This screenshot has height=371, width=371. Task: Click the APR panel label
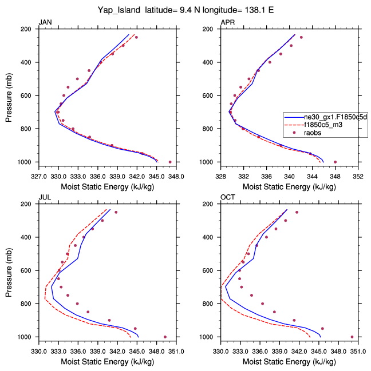click(x=227, y=22)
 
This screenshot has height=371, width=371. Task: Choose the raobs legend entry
click(x=312, y=133)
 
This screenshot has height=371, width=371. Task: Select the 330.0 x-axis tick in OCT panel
click(x=221, y=345)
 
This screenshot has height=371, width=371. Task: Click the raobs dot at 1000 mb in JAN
click(x=170, y=162)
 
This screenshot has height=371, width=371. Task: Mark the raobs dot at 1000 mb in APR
click(x=336, y=162)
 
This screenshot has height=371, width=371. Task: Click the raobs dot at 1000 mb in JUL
click(x=165, y=337)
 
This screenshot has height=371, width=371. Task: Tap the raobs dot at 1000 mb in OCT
click(x=352, y=337)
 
